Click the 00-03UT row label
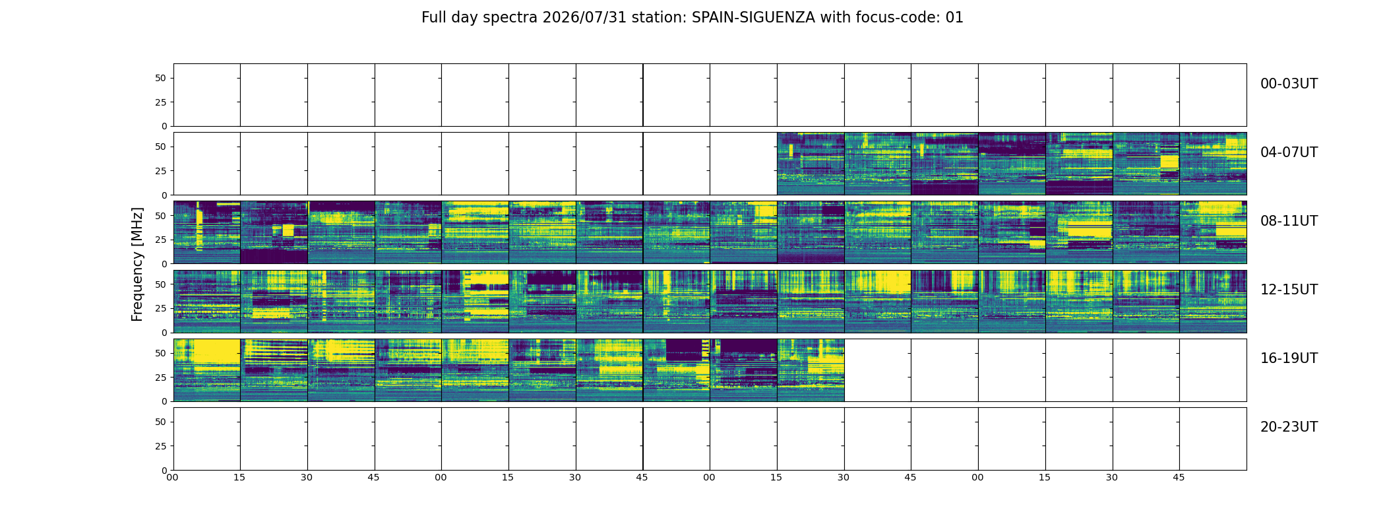pyautogui.click(x=1289, y=84)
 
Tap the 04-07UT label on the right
pyautogui.click(x=1289, y=152)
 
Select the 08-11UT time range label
pyautogui.click(x=1289, y=221)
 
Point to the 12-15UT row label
pyautogui.click(x=1289, y=290)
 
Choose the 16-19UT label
pyautogui.click(x=1289, y=358)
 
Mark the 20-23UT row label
pyautogui.click(x=1289, y=427)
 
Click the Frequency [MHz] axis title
pyautogui.click(x=137, y=264)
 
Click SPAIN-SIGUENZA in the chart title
pyautogui.click(x=753, y=18)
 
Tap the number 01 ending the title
pyautogui.click(x=954, y=18)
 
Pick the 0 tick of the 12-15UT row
pyautogui.click(x=164, y=333)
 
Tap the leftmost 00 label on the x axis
pyautogui.click(x=173, y=477)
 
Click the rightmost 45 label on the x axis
pyautogui.click(x=1179, y=477)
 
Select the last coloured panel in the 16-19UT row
pyautogui.click(x=811, y=370)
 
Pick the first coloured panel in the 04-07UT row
pyautogui.click(x=811, y=164)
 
